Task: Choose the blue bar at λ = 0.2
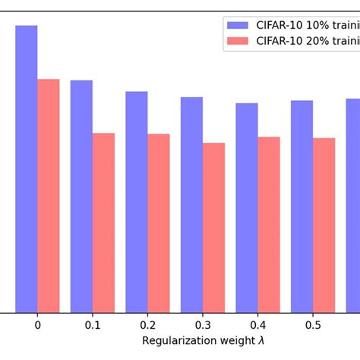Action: [x=137, y=202]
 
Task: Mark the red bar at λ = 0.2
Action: [x=159, y=223]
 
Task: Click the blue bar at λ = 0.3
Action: [x=191, y=204]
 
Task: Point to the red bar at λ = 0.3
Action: [x=213, y=227]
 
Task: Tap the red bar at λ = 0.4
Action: [x=269, y=225]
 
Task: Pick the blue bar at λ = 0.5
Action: [x=302, y=206]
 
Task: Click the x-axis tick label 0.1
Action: [x=93, y=325]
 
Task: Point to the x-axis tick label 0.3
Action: [x=203, y=325]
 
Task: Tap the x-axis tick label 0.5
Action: [x=313, y=325]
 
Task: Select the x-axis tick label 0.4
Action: [x=257, y=325]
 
